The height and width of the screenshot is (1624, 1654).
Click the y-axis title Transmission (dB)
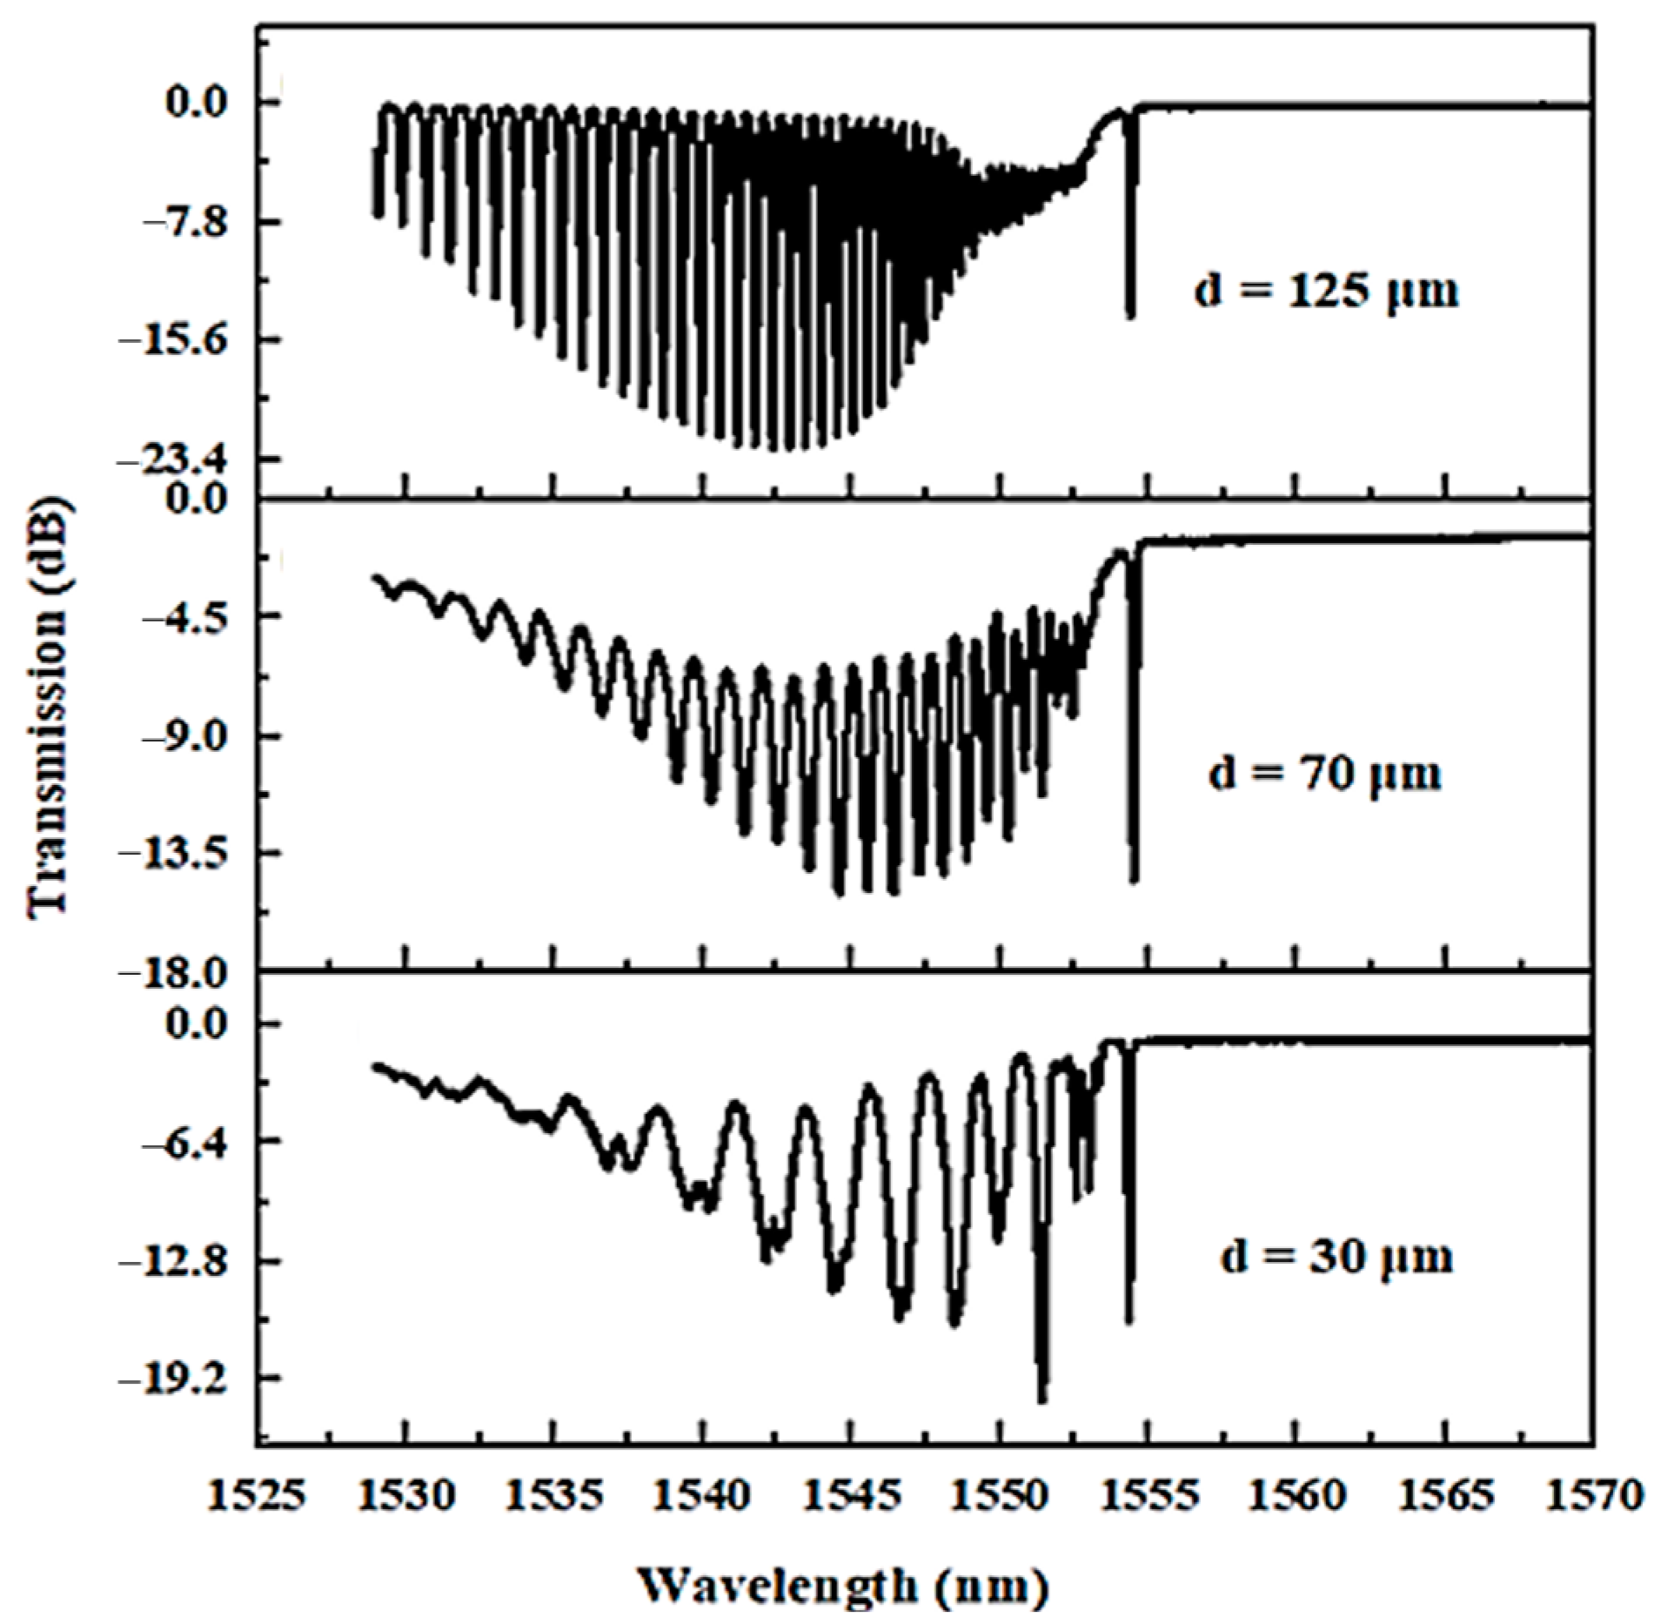(50, 707)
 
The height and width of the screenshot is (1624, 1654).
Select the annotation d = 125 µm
(1326, 292)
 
